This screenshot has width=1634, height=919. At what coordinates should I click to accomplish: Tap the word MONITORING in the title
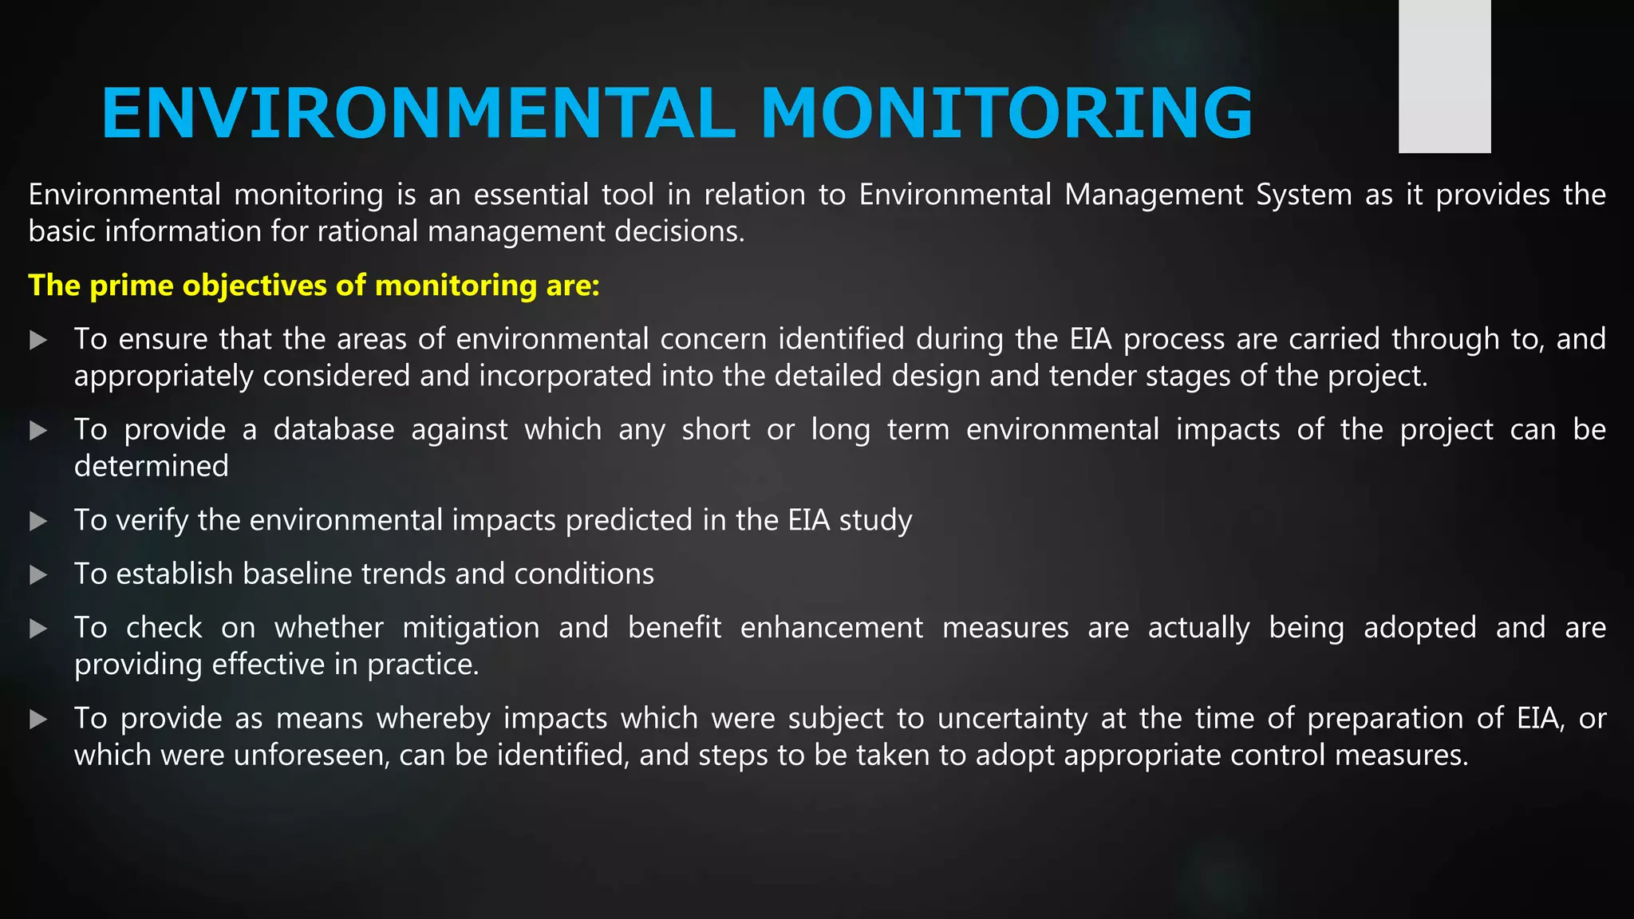point(1007,113)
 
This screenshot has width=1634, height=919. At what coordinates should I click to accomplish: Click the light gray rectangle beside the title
point(1444,77)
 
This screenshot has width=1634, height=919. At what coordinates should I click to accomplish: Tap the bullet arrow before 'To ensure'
point(38,341)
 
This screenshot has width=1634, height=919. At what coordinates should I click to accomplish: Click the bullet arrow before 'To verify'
point(38,522)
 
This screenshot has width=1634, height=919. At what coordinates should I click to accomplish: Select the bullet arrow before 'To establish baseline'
point(38,575)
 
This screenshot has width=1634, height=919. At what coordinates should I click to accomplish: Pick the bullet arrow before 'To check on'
point(38,629)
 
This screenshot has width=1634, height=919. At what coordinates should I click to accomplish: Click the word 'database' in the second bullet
point(334,430)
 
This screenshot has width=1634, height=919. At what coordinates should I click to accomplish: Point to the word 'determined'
point(152,467)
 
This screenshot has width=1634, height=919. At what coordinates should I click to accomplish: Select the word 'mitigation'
point(471,628)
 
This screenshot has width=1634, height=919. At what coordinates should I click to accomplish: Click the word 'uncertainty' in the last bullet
point(1012,719)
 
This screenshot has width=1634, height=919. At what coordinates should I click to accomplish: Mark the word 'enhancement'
point(831,628)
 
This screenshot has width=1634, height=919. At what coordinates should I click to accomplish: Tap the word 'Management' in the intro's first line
point(1154,195)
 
